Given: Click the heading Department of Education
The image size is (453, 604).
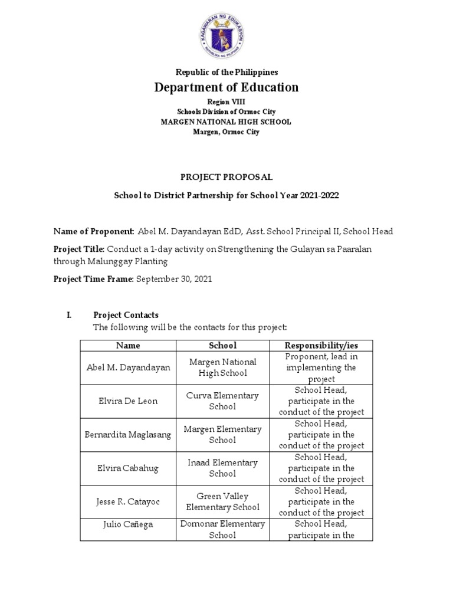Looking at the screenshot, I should point(226,88).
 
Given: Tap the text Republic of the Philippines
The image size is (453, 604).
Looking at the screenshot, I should point(226,72).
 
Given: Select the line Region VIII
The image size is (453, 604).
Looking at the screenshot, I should point(226,102).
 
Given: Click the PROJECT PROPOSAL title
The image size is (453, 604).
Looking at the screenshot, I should point(226,177).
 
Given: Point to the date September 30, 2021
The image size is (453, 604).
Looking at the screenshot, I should point(174,280).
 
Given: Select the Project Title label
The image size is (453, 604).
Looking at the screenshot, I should point(78,250).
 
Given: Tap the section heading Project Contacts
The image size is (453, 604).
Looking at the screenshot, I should point(126,315).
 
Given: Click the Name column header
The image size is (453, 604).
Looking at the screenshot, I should point(128,345).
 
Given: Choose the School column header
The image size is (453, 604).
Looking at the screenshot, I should point(223,345).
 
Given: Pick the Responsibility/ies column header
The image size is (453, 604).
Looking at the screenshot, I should point(321,345).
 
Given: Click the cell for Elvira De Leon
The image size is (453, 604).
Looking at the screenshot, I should point(128,401).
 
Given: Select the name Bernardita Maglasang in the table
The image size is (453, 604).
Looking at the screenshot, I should point(128,435).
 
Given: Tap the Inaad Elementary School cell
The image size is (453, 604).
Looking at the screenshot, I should point(223,468).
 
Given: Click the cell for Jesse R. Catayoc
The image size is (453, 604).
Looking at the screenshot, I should point(128,502).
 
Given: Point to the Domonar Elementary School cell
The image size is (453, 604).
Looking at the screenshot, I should point(223,529).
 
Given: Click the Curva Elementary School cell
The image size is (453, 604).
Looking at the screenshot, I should point(223,401).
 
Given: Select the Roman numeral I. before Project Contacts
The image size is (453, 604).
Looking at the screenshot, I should point(68,315).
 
